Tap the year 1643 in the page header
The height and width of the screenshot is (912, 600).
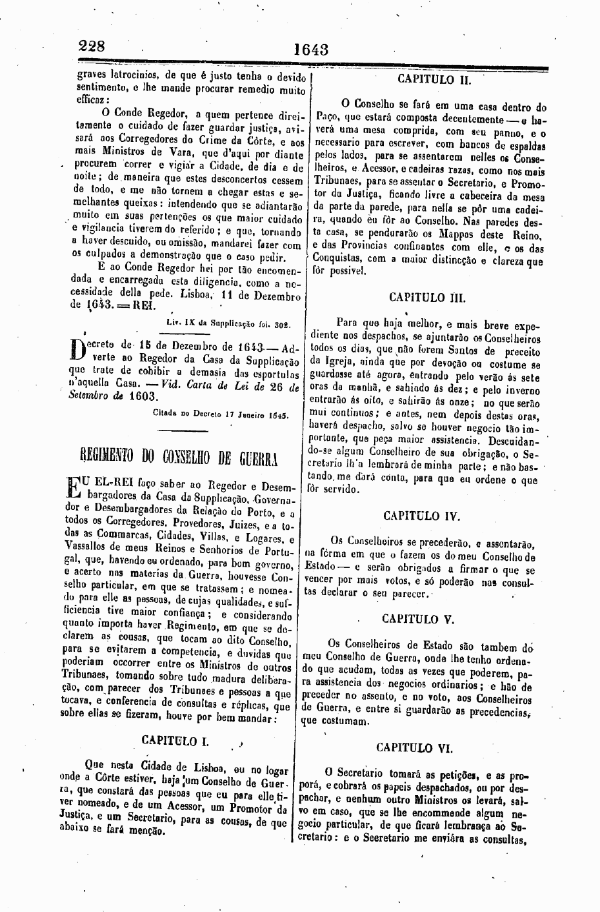(311, 49)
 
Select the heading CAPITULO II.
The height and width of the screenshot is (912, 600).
(434, 79)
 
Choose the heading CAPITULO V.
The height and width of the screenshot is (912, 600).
(418, 618)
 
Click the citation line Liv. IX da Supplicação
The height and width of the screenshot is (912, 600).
(228, 324)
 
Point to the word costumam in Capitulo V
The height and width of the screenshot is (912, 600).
(345, 722)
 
